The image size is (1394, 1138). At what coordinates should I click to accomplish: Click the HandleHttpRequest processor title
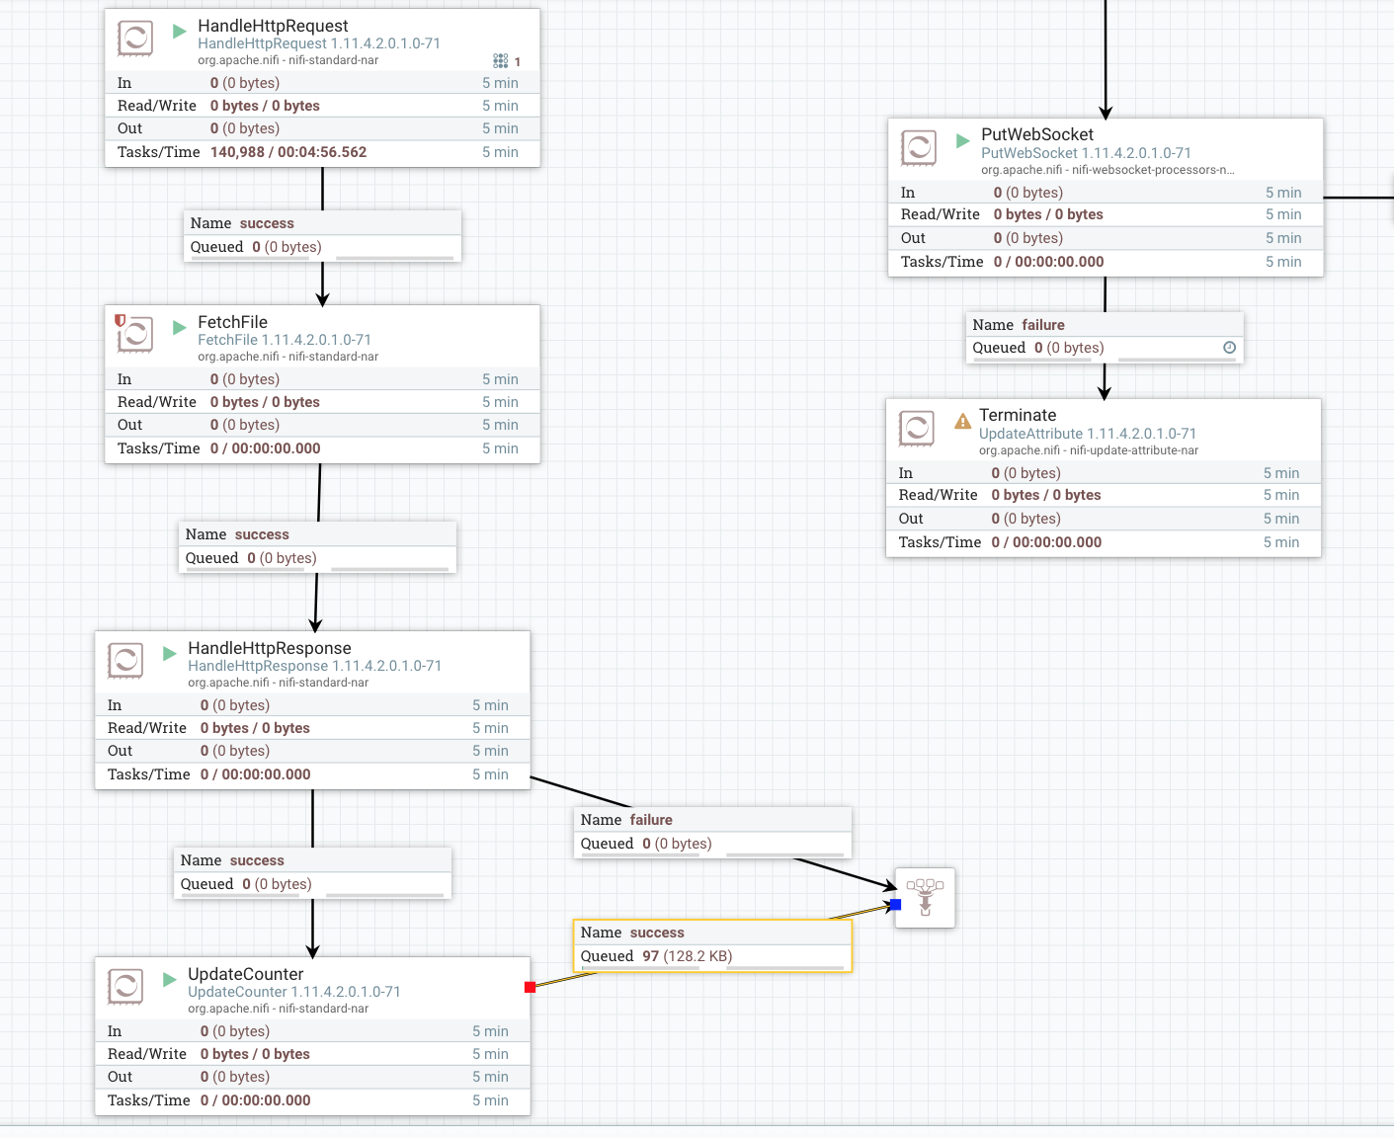pyautogui.click(x=273, y=26)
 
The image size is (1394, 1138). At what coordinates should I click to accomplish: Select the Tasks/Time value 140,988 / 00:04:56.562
pyautogui.click(x=287, y=152)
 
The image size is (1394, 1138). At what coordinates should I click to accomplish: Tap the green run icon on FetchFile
pyautogui.click(x=180, y=327)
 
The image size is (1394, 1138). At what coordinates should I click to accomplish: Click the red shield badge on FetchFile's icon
pyautogui.click(x=121, y=320)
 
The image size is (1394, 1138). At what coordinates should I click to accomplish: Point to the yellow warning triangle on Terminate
pyautogui.click(x=962, y=422)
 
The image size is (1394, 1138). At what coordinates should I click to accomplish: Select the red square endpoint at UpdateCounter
pyautogui.click(x=531, y=987)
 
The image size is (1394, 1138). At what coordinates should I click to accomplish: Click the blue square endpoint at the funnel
pyautogui.click(x=896, y=904)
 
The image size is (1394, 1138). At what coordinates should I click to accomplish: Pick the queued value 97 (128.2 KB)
pyautogui.click(x=687, y=956)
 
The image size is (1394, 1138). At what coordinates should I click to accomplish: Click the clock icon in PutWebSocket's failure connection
pyautogui.click(x=1229, y=348)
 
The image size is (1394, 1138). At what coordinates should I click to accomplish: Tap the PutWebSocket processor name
pyautogui.click(x=1036, y=134)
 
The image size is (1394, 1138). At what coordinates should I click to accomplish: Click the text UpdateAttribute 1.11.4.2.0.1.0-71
pyautogui.click(x=1087, y=434)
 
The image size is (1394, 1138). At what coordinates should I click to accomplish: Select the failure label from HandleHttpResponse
pyautogui.click(x=651, y=820)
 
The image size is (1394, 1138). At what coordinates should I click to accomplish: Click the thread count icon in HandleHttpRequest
pyautogui.click(x=501, y=61)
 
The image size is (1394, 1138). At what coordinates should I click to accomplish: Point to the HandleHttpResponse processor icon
pyautogui.click(x=125, y=660)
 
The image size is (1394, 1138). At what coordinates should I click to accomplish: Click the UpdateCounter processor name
pyautogui.click(x=245, y=974)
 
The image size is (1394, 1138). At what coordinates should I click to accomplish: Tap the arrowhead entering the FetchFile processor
pyautogui.click(x=322, y=298)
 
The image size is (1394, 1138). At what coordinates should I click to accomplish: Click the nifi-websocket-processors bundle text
pyautogui.click(x=1107, y=170)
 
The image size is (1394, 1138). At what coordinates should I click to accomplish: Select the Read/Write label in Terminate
pyautogui.click(x=938, y=495)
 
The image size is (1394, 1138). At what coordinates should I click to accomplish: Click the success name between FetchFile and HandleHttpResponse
pyautogui.click(x=262, y=534)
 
